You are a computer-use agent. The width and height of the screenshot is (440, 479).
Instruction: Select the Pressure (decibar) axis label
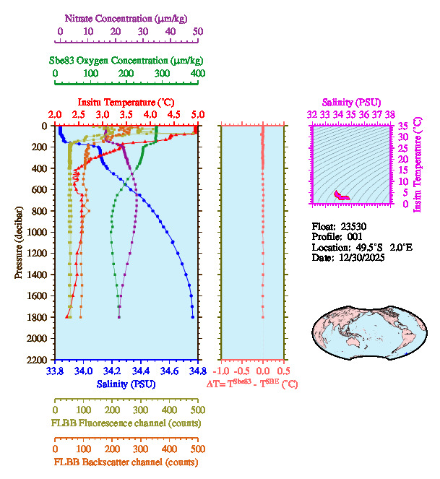(20, 243)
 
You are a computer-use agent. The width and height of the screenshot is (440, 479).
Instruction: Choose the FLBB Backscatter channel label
(126, 462)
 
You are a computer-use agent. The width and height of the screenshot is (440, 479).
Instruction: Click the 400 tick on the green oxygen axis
(197, 74)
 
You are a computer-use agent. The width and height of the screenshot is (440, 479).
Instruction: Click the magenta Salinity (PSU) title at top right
(350, 103)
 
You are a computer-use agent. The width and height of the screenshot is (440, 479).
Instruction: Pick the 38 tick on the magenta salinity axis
(389, 114)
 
